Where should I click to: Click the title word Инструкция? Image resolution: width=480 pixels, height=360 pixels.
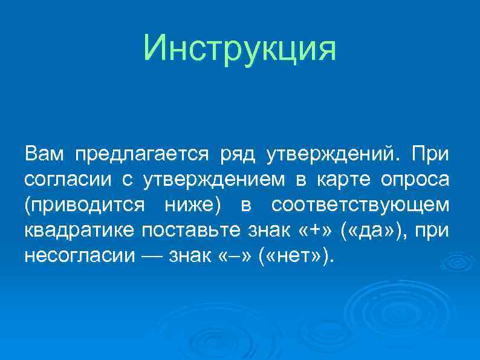[x=240, y=48]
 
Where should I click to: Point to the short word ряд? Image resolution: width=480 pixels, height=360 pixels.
[x=232, y=155]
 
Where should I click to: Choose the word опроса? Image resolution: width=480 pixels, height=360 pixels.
[x=415, y=180]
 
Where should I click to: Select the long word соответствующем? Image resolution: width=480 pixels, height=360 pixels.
[x=361, y=206]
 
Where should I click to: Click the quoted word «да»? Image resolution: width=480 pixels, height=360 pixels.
[x=371, y=231]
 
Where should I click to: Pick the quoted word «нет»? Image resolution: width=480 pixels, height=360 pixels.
[x=293, y=257]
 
